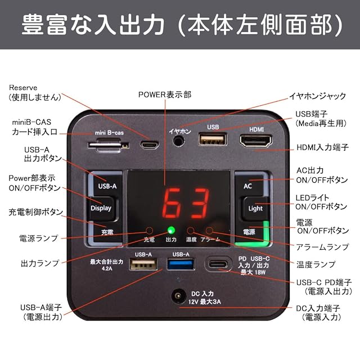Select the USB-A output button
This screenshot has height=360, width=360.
(x=107, y=186)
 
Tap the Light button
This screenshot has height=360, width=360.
(x=255, y=208)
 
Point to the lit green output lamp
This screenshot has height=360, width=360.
(x=171, y=230)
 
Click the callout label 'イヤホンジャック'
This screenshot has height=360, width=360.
(x=317, y=96)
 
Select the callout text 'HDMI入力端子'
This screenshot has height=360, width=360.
(x=322, y=148)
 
